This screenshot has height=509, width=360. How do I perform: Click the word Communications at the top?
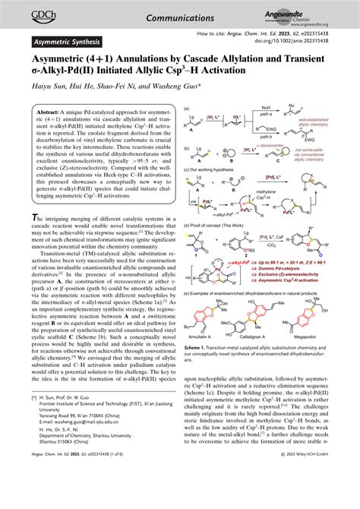(x=180, y=11)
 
